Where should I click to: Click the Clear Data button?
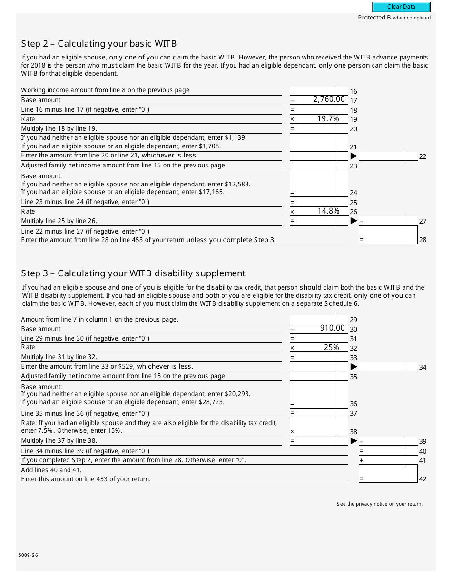[x=401, y=7]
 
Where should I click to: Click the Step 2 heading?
[x=99, y=44]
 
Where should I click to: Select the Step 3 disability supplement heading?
[x=133, y=273]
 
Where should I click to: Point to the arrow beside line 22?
[x=354, y=156]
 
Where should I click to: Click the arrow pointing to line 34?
[x=354, y=367]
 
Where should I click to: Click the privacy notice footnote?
[x=379, y=504]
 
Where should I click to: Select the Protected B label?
[x=394, y=18]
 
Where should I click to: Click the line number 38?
[x=353, y=432]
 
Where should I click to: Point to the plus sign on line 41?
[x=361, y=460]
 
